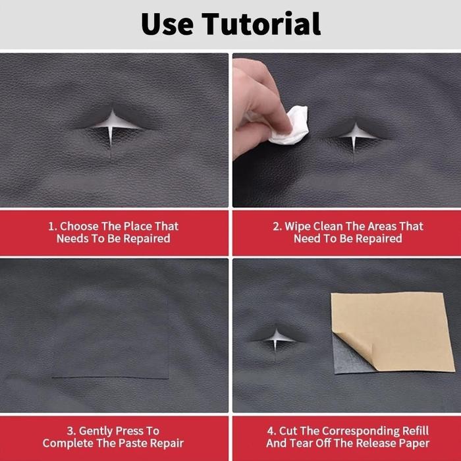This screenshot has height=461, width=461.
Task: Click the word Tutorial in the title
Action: point(261,24)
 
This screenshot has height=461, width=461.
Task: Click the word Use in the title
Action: point(167,24)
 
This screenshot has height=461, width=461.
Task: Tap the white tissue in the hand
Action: point(290,126)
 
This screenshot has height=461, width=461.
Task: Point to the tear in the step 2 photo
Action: point(356,137)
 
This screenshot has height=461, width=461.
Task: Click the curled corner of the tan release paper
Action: point(356,347)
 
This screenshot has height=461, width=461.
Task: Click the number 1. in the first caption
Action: point(52,227)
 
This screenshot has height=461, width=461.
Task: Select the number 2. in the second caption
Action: point(277,227)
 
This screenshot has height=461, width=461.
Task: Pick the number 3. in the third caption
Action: point(71,431)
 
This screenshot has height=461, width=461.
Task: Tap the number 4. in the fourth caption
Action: point(271,431)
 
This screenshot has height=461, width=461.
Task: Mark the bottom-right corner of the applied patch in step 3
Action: point(169,379)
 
